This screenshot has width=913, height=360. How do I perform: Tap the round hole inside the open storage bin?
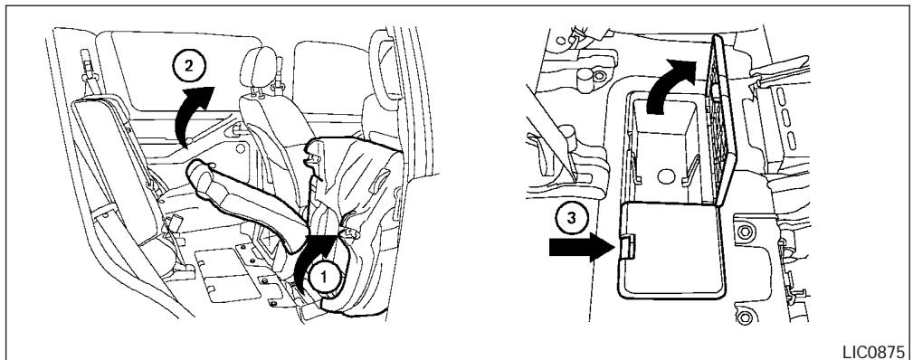[x=667, y=175]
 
